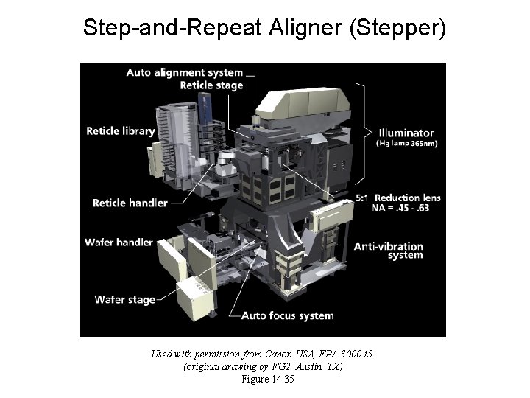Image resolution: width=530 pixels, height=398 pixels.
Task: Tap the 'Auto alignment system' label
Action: click(184, 72)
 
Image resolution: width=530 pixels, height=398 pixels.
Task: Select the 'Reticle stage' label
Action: click(211, 85)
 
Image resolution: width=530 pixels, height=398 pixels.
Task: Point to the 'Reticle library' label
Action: click(121, 131)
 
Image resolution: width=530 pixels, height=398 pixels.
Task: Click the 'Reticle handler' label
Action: click(130, 203)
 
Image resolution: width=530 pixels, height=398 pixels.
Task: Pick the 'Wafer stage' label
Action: click(125, 299)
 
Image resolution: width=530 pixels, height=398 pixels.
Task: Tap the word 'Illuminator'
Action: click(406, 133)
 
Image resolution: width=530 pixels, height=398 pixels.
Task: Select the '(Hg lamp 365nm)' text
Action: click(407, 144)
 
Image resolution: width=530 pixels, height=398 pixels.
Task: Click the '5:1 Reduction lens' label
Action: click(397, 198)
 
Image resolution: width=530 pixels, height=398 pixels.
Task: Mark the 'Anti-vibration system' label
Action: click(389, 251)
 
